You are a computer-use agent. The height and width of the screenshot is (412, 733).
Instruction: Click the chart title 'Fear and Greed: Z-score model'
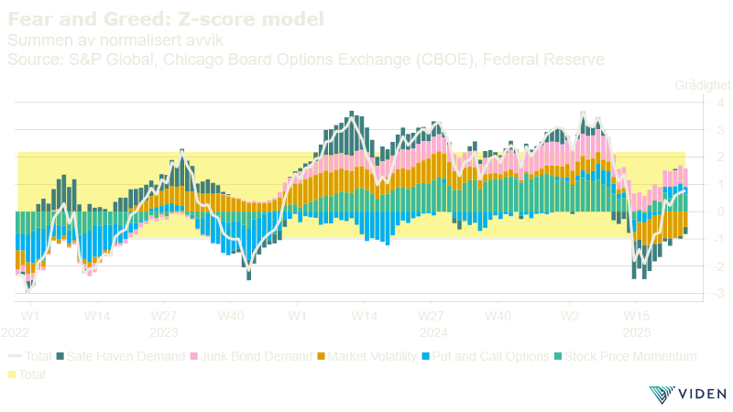click(165, 18)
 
